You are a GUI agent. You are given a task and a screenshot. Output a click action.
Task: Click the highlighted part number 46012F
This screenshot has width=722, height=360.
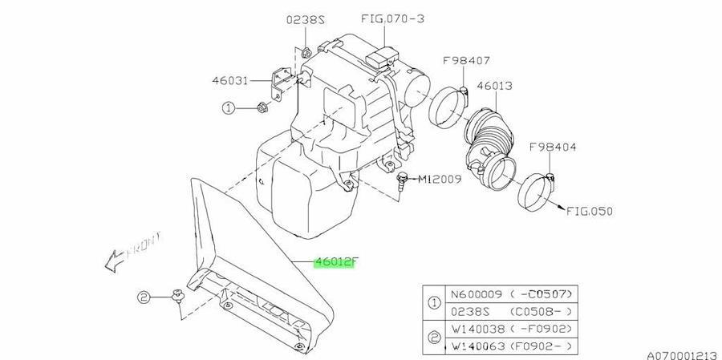tap(335, 263)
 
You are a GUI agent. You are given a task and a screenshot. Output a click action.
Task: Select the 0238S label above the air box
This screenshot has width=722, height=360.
tap(306, 20)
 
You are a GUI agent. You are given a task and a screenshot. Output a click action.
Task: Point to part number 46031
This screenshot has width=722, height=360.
tap(229, 80)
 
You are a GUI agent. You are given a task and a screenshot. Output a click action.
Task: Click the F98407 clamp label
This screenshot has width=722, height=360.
tap(466, 60)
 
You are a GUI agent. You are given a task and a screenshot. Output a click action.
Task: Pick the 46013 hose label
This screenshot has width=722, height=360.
tap(494, 86)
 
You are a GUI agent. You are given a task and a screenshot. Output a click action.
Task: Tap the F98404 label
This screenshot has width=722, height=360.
tap(553, 148)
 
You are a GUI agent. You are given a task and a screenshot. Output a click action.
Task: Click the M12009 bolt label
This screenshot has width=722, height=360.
tap(440, 179)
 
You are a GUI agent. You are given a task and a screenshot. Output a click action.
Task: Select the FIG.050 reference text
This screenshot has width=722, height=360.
tap(590, 212)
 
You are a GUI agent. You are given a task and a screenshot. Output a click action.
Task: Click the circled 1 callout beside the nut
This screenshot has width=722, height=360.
tap(229, 109)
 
